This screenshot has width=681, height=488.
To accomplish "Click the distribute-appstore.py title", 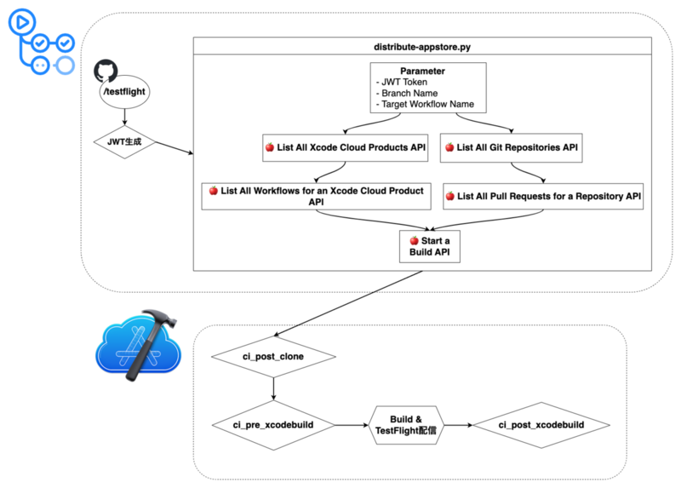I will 422,45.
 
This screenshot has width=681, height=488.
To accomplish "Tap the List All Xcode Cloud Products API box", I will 346,147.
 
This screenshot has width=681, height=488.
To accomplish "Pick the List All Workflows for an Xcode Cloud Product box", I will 316,196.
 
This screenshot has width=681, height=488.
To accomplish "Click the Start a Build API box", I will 430,246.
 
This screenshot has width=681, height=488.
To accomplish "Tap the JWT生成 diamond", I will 126,141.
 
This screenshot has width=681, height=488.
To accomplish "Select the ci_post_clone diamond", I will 272,356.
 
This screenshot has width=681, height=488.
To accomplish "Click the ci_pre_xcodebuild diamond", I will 272,424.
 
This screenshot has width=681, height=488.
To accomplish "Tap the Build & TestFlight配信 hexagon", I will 406,424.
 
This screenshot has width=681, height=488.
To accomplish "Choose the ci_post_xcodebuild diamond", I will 541,424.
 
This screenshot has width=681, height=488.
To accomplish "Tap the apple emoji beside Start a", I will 413,241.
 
